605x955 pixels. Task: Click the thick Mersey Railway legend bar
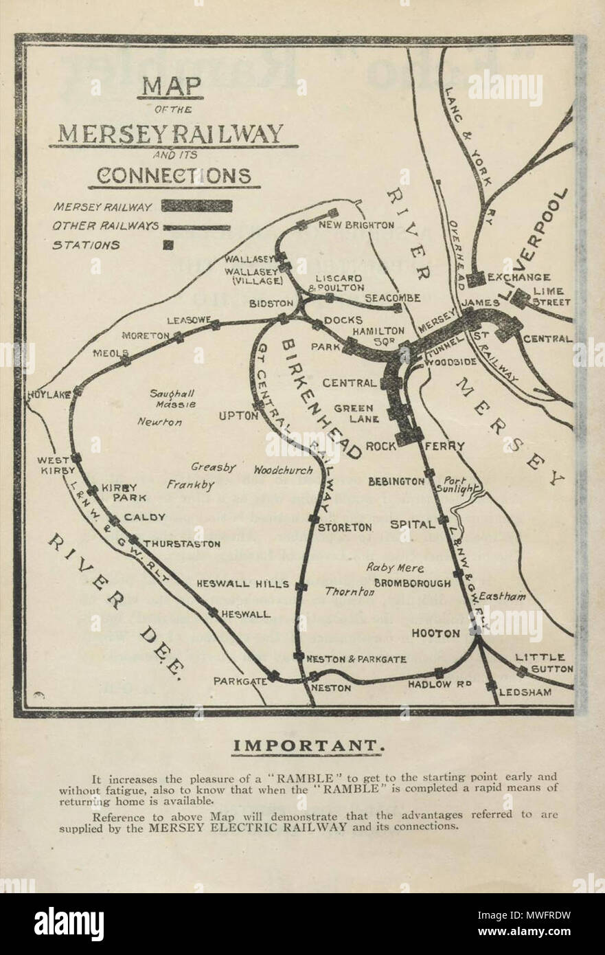coord(196,205)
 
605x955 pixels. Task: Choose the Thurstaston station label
coord(182,543)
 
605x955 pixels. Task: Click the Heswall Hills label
coord(242,583)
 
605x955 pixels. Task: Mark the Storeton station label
coord(345,528)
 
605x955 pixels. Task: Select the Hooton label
coord(435,633)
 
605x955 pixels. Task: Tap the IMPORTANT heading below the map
coord(306,745)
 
